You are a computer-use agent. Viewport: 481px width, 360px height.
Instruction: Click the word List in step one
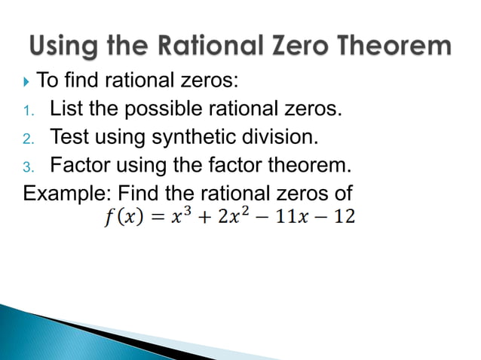(x=66, y=110)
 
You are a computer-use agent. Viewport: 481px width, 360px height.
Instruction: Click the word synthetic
(x=195, y=137)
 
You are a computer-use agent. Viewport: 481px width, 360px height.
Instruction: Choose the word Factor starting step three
(x=82, y=165)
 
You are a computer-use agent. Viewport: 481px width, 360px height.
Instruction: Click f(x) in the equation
(x=118, y=217)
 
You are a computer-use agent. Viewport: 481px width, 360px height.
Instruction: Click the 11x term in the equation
(x=295, y=217)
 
